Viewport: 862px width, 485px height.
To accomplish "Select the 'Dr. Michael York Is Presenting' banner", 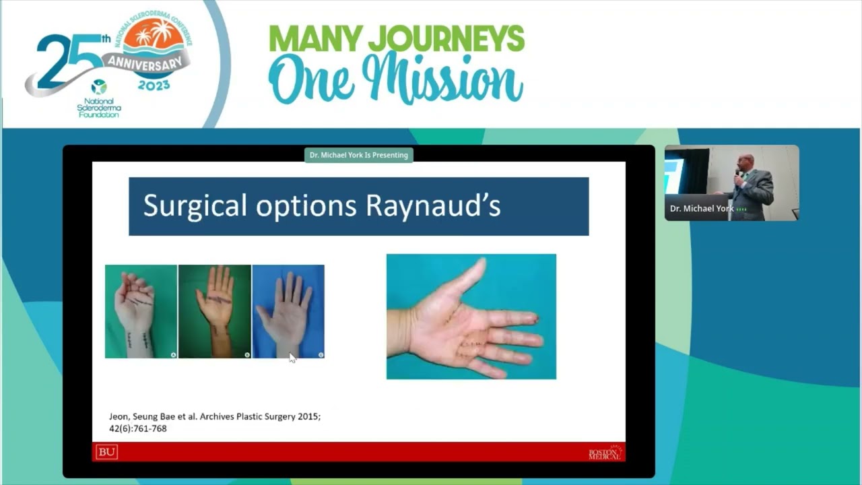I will coord(358,155).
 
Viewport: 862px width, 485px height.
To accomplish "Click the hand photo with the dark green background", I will coord(215,311).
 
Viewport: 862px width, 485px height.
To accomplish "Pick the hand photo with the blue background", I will coord(288,311).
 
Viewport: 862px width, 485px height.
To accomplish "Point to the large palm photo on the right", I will coord(471,317).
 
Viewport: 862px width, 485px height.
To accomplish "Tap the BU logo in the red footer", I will coord(106,452).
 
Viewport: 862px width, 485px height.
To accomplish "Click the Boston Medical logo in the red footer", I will coord(605,452).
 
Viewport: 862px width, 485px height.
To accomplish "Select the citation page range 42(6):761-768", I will coord(138,428).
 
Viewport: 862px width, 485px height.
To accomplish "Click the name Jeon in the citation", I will coord(119,416).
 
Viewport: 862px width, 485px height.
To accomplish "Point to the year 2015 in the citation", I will coord(308,416).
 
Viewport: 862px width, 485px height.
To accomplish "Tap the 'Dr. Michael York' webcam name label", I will coord(702,209).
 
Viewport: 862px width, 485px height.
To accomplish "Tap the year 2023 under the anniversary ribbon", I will coord(154,85).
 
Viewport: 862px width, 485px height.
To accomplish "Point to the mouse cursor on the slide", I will coord(292,357).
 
